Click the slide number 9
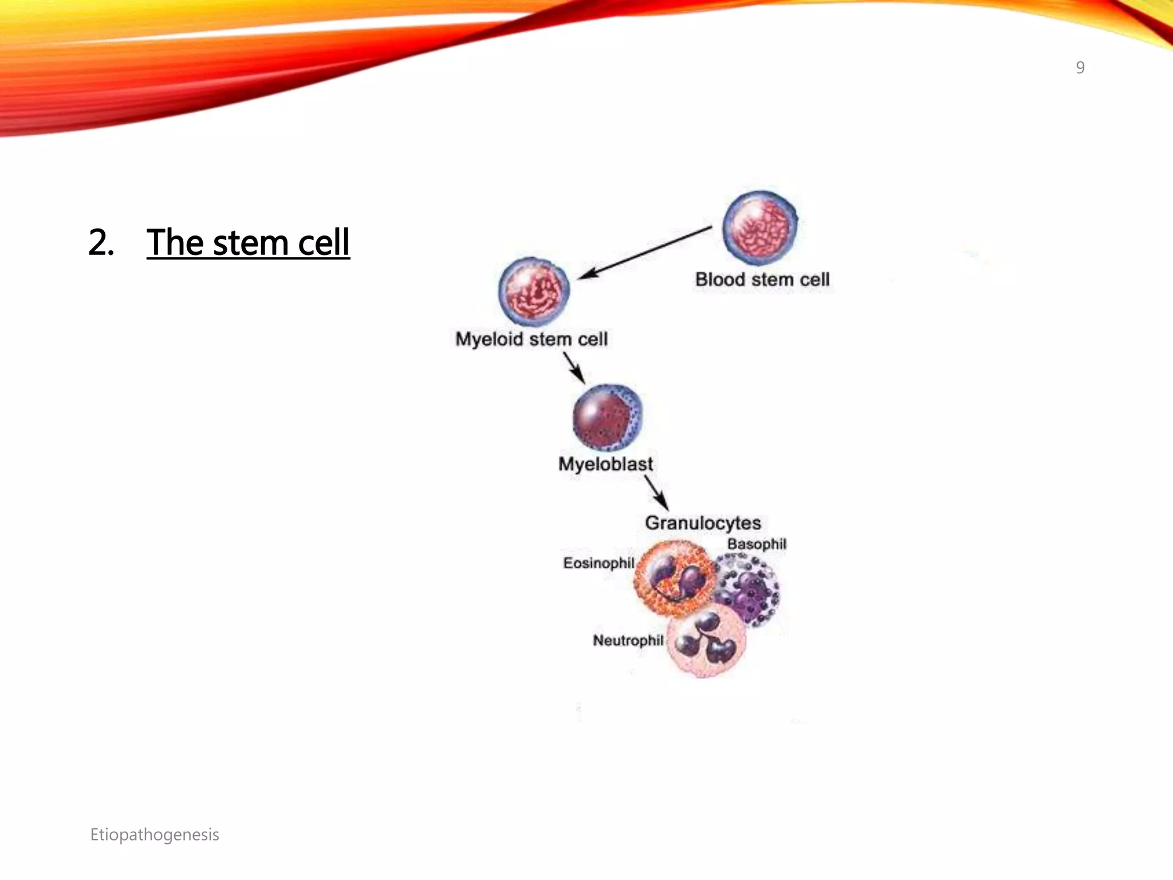click(x=1080, y=68)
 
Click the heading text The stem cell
click(x=248, y=242)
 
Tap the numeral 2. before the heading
click(x=101, y=242)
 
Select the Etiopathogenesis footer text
click(x=155, y=835)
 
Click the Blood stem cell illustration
click(x=759, y=228)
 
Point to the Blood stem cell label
click(x=762, y=280)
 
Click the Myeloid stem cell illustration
click(x=534, y=290)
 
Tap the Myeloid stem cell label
click(x=531, y=339)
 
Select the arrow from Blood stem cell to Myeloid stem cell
click(x=644, y=253)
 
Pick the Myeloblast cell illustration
click(x=608, y=418)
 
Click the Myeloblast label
click(x=605, y=464)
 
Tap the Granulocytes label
click(x=703, y=523)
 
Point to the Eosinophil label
click(x=599, y=563)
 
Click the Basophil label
click(x=757, y=544)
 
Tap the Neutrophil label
click(x=628, y=641)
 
